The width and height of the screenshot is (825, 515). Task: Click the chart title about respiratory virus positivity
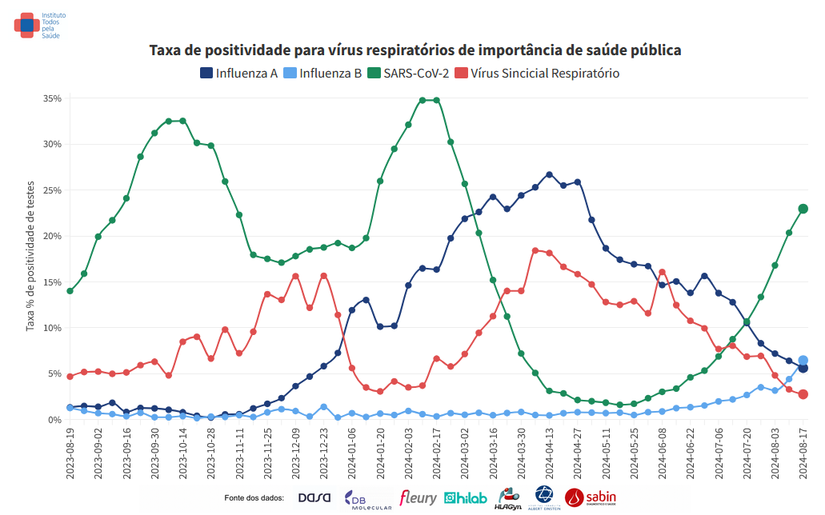tap(415, 50)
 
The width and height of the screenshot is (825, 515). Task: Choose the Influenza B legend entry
tap(323, 74)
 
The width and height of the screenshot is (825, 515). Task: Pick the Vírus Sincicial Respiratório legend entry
tap(537, 74)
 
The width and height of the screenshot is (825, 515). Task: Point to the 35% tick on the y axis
tap(52, 98)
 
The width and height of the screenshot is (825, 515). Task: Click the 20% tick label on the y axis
tap(52, 236)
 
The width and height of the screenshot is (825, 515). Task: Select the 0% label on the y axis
tap(54, 420)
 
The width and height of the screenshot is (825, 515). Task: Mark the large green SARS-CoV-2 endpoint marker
tap(803, 209)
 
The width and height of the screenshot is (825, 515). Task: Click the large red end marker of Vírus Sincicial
tap(803, 394)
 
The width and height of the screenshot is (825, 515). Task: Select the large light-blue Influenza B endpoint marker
tap(803, 361)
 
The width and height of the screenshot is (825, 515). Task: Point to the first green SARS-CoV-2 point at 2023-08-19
tap(70, 291)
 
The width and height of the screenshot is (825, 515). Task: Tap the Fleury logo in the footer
tap(418, 498)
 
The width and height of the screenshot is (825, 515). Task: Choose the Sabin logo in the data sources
tap(590, 498)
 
